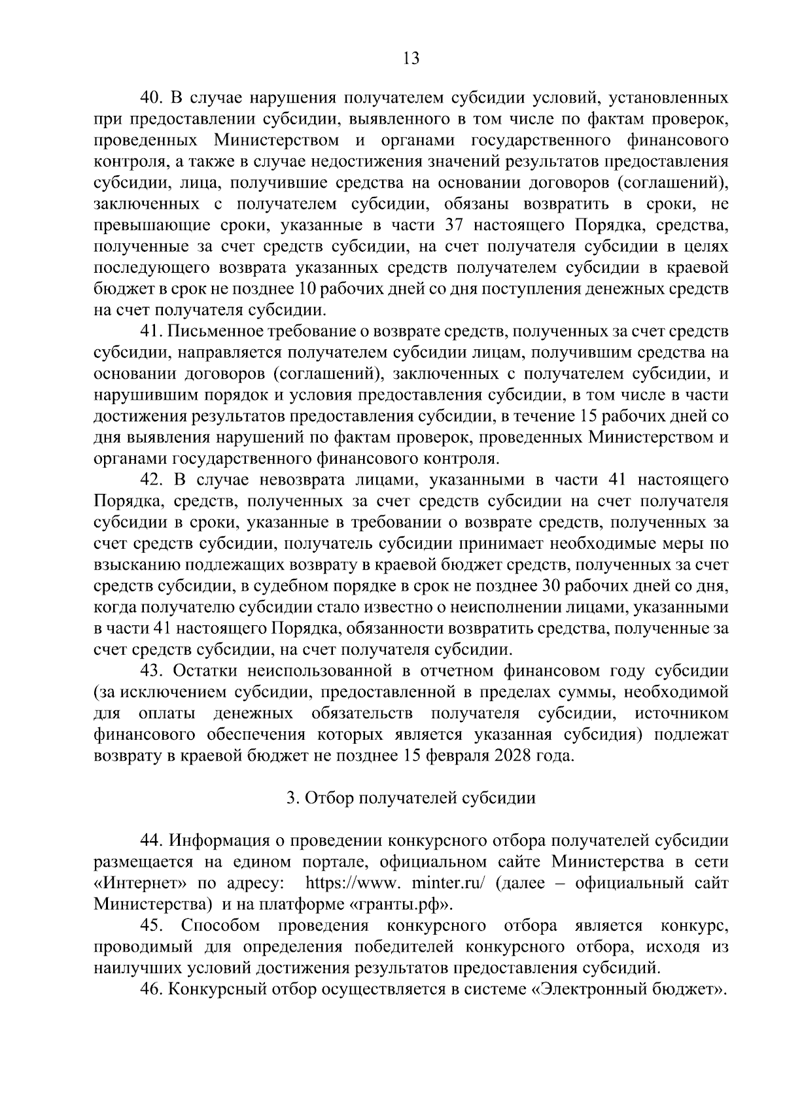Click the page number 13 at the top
411,58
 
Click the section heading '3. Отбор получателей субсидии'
411,799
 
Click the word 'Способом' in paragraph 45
220,926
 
